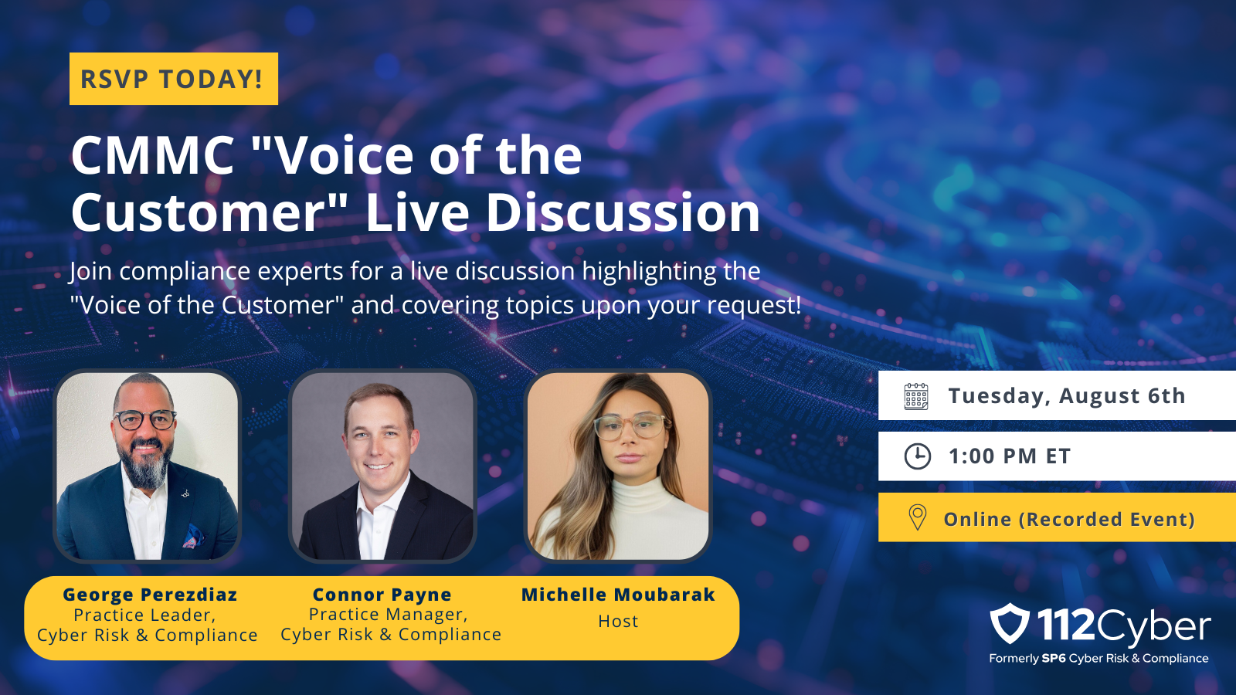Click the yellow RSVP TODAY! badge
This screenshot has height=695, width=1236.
[x=173, y=78]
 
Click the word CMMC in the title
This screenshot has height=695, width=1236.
[x=153, y=155]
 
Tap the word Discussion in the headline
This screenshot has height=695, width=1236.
[x=623, y=213]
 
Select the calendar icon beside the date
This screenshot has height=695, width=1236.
[x=916, y=396]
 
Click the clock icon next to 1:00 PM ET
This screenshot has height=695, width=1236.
[x=917, y=456]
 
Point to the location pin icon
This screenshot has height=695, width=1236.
[x=917, y=517]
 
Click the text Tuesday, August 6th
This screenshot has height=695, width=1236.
[x=1067, y=396]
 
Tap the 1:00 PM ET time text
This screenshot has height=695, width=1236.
[x=1009, y=456]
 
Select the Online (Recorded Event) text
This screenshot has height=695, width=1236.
[x=1069, y=519]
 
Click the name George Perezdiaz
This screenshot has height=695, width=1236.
[x=150, y=595]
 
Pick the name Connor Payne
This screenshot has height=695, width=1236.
[x=382, y=595]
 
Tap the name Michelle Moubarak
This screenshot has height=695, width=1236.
[x=618, y=595]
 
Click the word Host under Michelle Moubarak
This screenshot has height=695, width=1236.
[x=618, y=621]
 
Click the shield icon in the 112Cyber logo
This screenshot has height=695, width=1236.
[x=1009, y=623]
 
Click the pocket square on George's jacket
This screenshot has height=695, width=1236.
[x=193, y=536]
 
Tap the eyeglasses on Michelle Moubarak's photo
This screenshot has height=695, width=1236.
[x=632, y=425]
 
